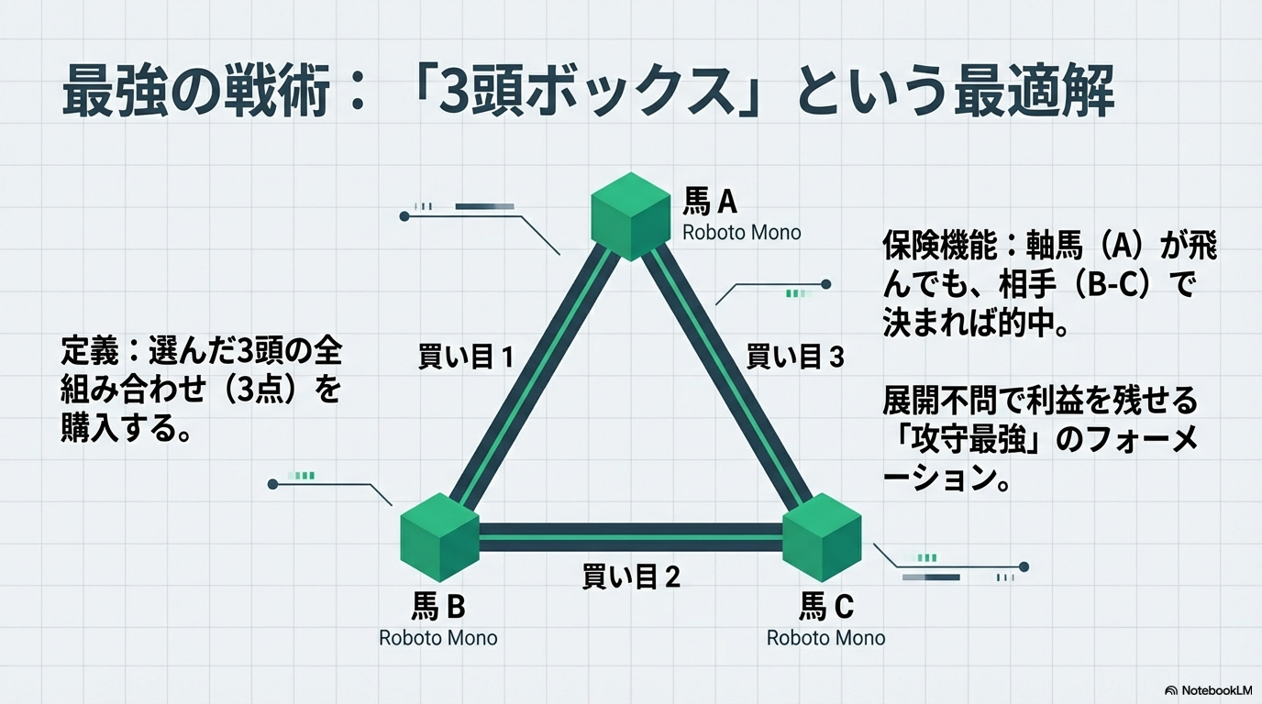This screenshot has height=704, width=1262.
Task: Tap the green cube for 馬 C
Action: [x=822, y=537]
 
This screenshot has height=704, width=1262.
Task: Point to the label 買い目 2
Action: [x=631, y=577]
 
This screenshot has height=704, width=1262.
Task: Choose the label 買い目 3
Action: [x=794, y=357]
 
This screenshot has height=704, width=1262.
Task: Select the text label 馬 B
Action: [x=438, y=606]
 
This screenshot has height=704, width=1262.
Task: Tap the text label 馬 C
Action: [x=825, y=606]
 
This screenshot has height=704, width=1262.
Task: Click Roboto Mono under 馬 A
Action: [x=741, y=232]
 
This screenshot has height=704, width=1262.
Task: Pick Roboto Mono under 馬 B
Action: [x=438, y=637]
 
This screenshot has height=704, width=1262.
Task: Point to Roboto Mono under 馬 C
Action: [x=825, y=637]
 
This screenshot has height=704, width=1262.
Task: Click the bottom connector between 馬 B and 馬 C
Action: [x=631, y=537]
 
